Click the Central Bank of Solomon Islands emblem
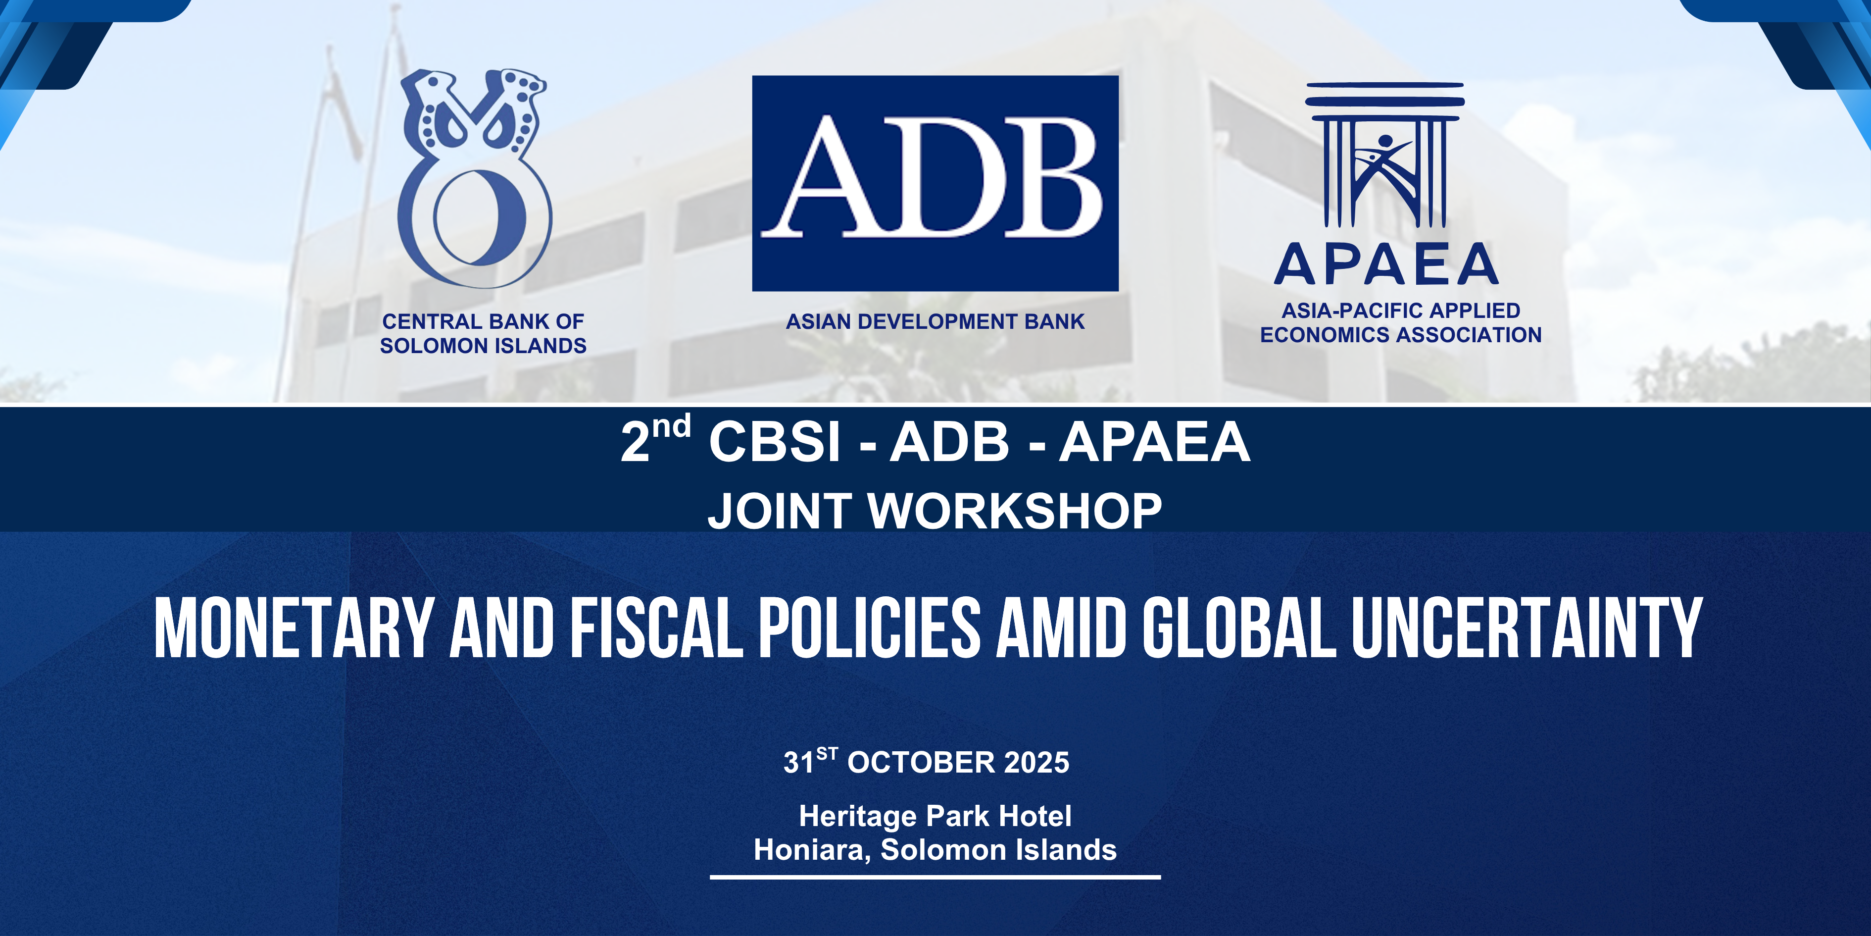coord(475,179)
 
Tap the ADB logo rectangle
coord(935,183)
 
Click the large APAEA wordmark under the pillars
coord(1386,264)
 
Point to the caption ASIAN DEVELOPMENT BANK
coord(935,321)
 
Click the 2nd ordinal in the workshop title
coord(655,438)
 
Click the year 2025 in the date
coord(1036,762)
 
